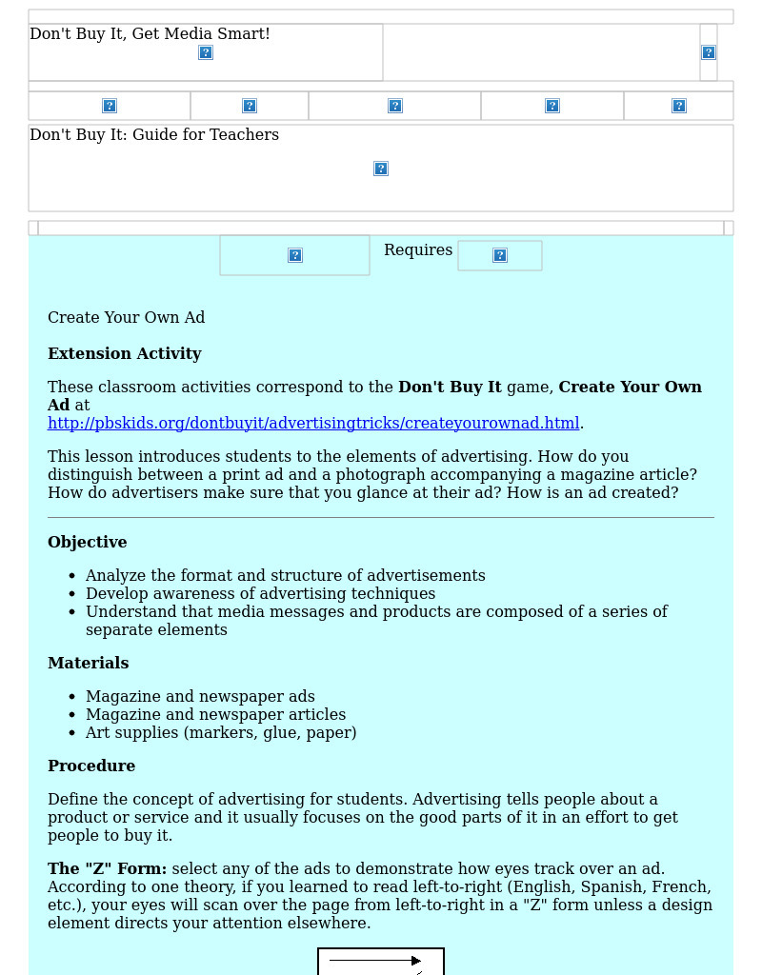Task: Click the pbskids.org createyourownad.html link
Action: pos(313,424)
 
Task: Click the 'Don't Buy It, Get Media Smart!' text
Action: pos(150,34)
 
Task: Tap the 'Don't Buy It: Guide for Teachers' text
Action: pos(154,135)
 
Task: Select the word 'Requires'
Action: pos(418,250)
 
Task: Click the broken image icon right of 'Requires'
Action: pos(500,255)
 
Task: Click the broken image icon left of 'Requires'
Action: pos(295,255)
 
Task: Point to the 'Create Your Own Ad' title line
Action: pos(127,318)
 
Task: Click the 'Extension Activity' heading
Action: pos(125,354)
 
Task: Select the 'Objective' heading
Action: pos(88,543)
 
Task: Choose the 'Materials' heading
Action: pos(89,664)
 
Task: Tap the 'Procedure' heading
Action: pos(91,766)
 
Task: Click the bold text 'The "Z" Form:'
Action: pos(108,869)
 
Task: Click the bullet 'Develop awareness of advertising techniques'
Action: pos(260,594)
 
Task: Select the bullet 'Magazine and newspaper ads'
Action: pos(200,697)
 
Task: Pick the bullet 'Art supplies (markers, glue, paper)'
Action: pos(221,733)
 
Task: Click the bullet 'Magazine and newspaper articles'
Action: pos(215,715)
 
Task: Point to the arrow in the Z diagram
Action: pos(376,961)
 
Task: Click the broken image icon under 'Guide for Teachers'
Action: pos(381,169)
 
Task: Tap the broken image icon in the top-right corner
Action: pos(709,52)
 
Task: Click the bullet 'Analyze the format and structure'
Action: pos(286,576)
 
